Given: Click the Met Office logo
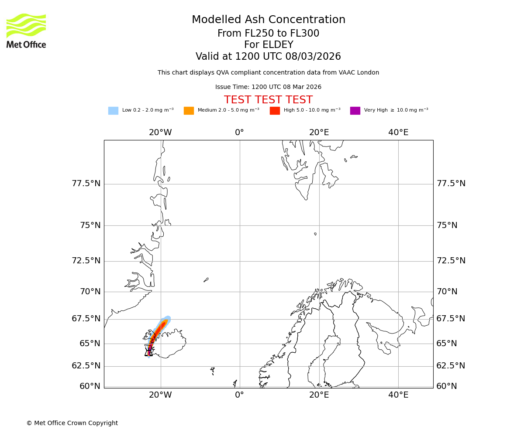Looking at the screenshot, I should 26,31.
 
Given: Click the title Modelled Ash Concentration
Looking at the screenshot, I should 269,20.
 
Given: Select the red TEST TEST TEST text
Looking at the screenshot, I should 268,100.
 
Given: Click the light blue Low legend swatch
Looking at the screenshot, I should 113,110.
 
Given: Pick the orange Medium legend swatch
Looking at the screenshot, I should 189,110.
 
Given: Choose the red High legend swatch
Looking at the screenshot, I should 275,110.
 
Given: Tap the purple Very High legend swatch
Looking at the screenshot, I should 355,110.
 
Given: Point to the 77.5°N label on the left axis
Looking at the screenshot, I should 86,184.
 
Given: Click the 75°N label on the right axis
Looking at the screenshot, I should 447,225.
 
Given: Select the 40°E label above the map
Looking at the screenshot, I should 398,133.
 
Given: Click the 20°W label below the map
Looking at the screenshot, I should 160,395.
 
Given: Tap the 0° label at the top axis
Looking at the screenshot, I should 239,133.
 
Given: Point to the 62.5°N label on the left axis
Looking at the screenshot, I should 86,366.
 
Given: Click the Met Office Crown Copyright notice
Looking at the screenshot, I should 72,423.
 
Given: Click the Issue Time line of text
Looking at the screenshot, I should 268,87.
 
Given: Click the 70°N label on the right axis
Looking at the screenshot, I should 447,292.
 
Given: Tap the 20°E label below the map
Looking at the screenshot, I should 319,395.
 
